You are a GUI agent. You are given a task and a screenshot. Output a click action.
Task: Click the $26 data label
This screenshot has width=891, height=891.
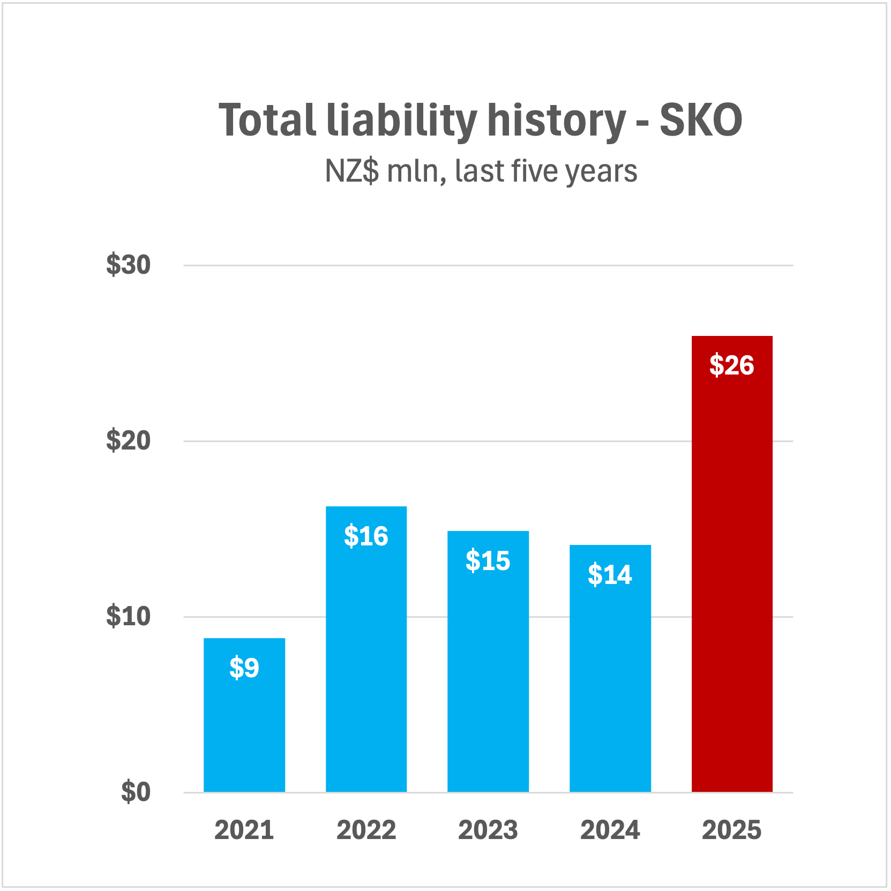(x=732, y=365)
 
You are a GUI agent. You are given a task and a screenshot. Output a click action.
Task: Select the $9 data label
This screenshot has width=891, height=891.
(x=244, y=668)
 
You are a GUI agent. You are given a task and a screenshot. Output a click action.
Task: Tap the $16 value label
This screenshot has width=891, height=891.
(x=366, y=536)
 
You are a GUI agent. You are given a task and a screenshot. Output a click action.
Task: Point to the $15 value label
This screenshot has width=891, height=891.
(x=488, y=561)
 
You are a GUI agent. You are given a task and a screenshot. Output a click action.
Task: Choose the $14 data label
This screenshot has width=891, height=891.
(x=610, y=575)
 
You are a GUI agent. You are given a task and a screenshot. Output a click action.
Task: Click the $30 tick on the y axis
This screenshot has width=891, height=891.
(x=129, y=265)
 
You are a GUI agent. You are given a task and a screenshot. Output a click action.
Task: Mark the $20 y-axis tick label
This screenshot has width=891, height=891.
(x=129, y=441)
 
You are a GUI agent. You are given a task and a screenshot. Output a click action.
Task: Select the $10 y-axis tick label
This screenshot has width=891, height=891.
(x=129, y=617)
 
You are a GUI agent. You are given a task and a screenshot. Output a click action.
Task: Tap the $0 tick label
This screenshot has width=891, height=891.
(x=136, y=792)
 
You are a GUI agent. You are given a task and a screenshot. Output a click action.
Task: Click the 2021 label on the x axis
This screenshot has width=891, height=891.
(x=244, y=830)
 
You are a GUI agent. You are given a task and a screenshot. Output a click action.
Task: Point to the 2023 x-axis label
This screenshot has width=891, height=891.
(x=488, y=830)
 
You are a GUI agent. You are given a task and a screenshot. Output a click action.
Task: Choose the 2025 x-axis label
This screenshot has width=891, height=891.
(x=732, y=830)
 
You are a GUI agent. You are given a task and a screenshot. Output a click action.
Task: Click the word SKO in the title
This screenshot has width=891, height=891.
(x=701, y=120)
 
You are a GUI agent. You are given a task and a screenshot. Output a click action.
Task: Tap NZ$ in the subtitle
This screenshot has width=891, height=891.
(x=352, y=171)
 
